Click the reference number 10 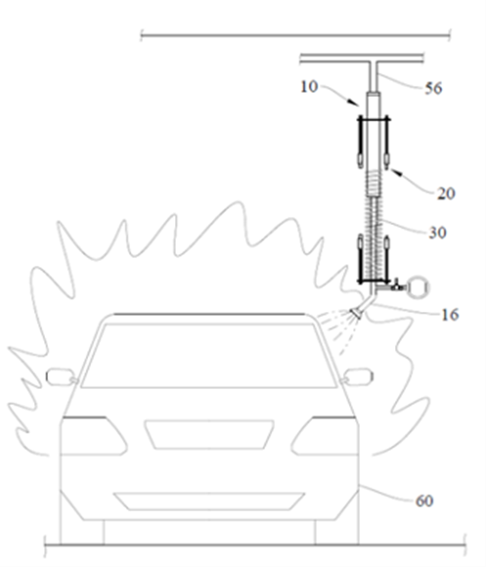click(x=309, y=87)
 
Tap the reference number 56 click(x=433, y=88)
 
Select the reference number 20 click(x=446, y=194)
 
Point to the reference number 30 click(x=437, y=233)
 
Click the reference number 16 click(x=450, y=315)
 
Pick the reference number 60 click(x=424, y=502)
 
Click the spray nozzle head click(x=357, y=313)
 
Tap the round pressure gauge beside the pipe click(x=418, y=287)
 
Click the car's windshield click(x=208, y=356)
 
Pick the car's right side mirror click(x=358, y=376)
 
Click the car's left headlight click(x=93, y=436)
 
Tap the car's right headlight click(x=325, y=436)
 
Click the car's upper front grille click(x=209, y=435)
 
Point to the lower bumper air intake click(x=209, y=502)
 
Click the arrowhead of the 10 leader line click(x=356, y=103)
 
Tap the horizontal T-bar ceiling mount click(x=362, y=58)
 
